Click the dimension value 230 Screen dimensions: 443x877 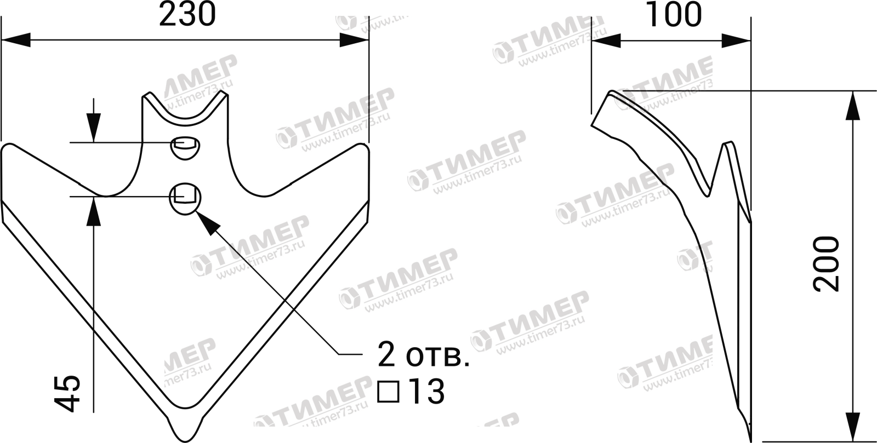coord(187,15)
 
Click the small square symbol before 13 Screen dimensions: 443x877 coord(389,392)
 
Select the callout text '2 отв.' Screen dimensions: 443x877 coord(420,356)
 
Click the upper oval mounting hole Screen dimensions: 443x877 coord(185,147)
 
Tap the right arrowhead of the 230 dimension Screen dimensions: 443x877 coord(354,40)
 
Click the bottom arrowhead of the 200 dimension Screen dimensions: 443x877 coord(851,427)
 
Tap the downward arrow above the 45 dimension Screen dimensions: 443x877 coord(94,129)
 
